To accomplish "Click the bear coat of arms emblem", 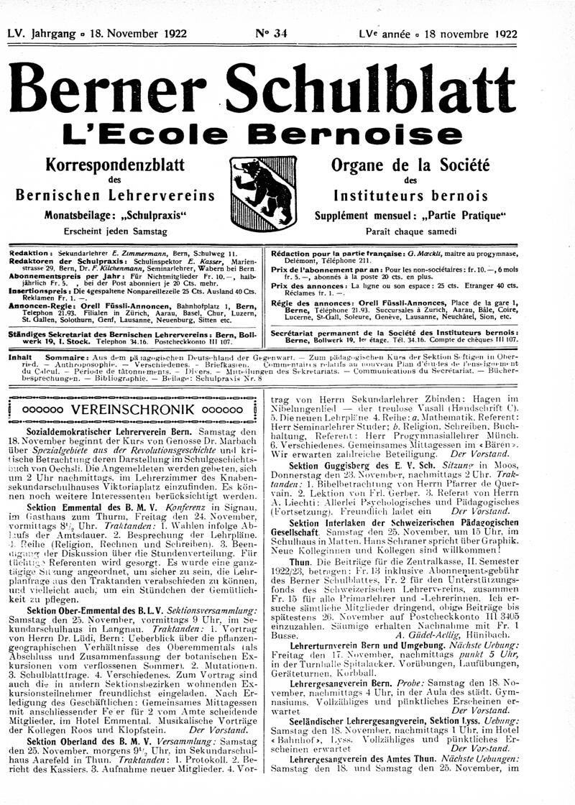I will (264, 189).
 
